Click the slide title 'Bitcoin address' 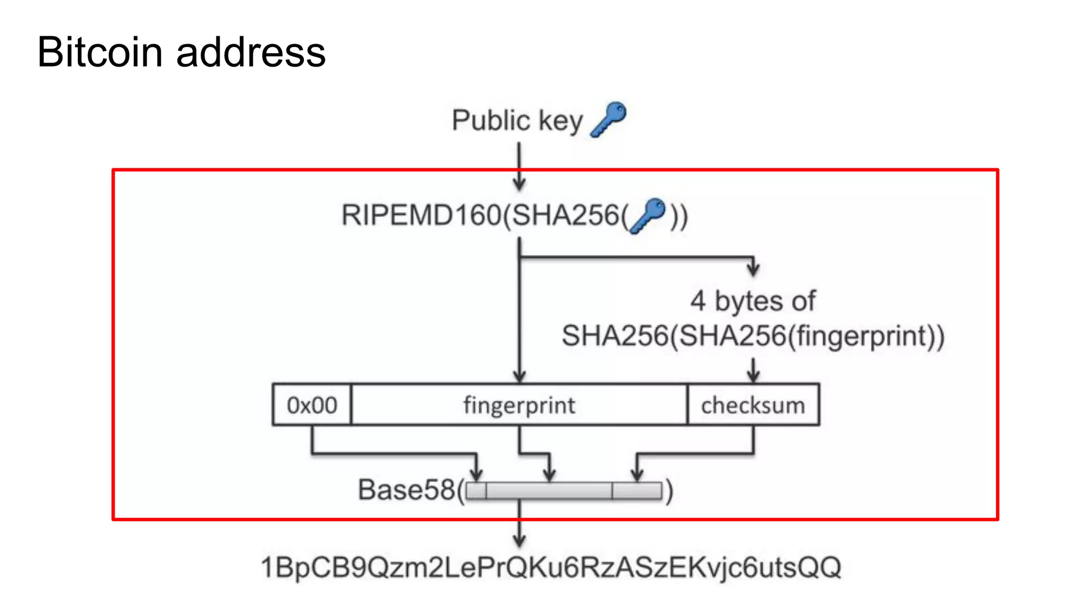(181, 52)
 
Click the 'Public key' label (517, 120)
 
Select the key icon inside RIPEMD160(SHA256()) (648, 215)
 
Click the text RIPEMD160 (421, 216)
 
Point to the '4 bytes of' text (752, 301)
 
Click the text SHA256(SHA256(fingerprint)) (752, 336)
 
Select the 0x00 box (312, 405)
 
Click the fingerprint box (519, 405)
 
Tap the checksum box (752, 405)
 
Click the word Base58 (406, 490)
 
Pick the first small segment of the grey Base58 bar (476, 490)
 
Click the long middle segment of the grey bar (549, 490)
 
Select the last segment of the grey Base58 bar (637, 490)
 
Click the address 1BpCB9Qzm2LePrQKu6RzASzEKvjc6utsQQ (551, 567)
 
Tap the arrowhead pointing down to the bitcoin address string (519, 540)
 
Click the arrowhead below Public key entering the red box (519, 184)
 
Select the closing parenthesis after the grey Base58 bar (669, 491)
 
